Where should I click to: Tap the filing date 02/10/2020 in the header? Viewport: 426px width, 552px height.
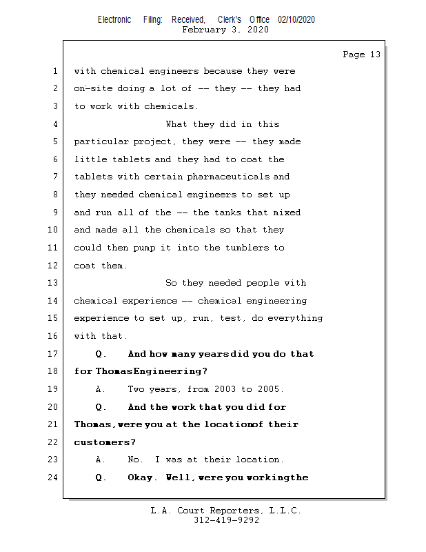point(296,20)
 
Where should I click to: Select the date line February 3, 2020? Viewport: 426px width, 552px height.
point(225,30)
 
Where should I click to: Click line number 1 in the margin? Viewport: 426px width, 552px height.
point(54,71)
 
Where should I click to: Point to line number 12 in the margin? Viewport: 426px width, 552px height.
point(52,266)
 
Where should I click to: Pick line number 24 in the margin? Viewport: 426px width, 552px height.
point(52,477)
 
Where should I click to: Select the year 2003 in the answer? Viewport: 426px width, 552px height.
point(225,389)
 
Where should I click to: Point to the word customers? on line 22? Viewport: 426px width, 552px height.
point(105,442)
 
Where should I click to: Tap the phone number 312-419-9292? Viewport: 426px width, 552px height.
point(226,521)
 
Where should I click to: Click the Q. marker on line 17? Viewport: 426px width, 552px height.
point(101,354)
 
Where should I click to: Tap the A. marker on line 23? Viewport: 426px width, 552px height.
point(100,460)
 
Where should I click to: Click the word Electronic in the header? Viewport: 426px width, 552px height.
point(114,20)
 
